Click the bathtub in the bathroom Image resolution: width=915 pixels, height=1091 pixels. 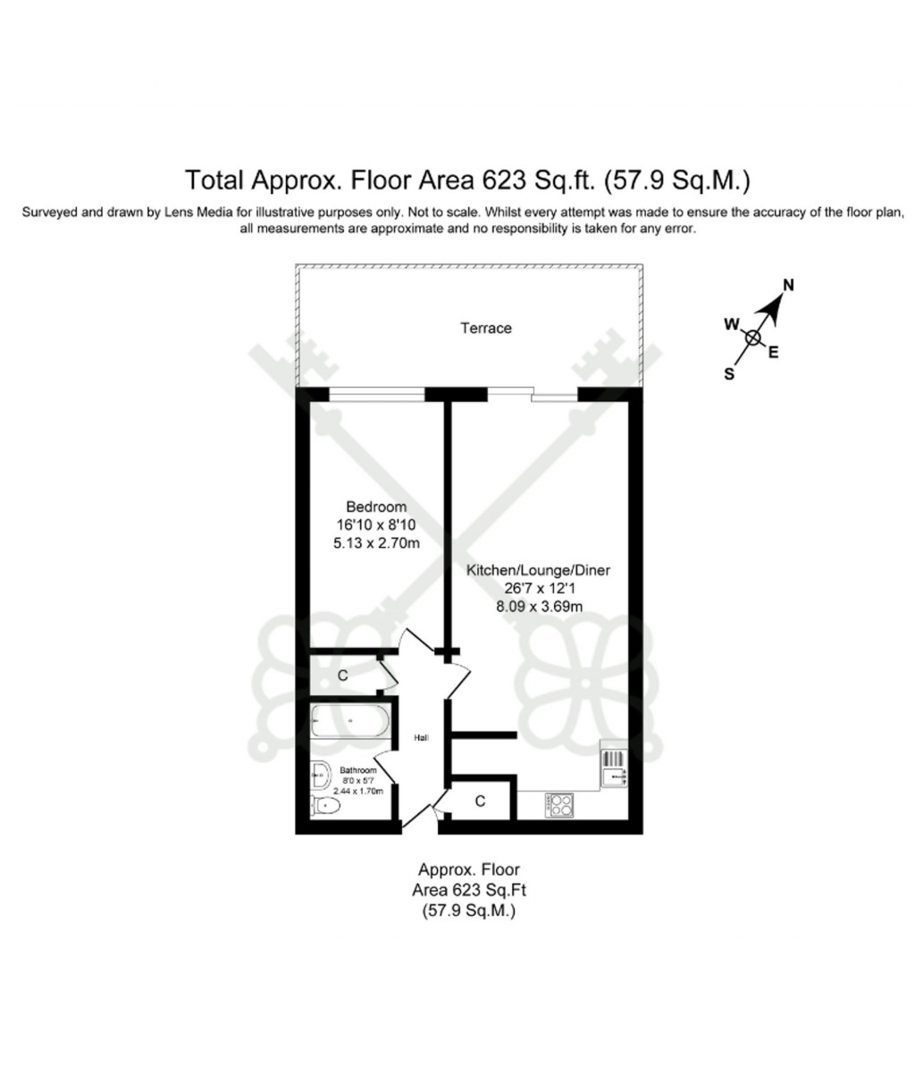point(349,720)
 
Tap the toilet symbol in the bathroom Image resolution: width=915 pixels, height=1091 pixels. point(325,807)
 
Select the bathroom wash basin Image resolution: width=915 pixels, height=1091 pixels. point(320,773)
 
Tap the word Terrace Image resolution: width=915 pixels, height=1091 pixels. point(486,328)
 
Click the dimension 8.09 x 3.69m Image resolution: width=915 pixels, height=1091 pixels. point(527,606)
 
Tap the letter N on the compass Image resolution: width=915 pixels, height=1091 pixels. point(788,286)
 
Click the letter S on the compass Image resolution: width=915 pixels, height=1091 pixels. point(729,374)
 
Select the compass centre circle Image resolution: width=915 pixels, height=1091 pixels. point(753,338)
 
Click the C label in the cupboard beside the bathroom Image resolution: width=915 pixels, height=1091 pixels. point(342,676)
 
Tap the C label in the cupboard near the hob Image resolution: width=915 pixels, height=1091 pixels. point(480,801)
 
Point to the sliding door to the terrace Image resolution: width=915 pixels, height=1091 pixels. point(533,395)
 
